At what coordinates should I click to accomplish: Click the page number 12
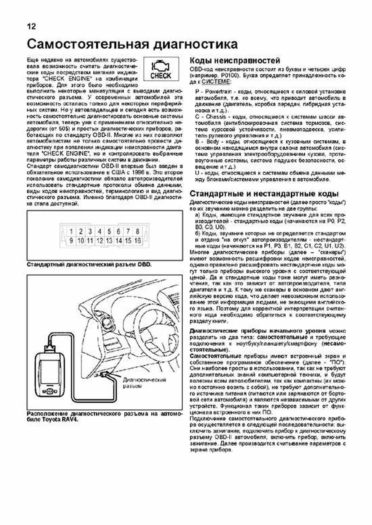31,26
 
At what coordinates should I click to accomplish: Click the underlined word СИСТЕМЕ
216,82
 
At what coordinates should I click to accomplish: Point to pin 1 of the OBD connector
71,231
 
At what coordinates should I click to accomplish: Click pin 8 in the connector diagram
137,231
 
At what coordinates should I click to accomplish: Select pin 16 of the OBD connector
137,240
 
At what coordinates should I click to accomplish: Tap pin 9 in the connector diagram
71,240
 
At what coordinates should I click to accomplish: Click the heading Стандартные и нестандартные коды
264,194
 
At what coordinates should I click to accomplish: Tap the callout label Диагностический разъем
144,383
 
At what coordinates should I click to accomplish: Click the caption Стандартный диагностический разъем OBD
89,265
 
